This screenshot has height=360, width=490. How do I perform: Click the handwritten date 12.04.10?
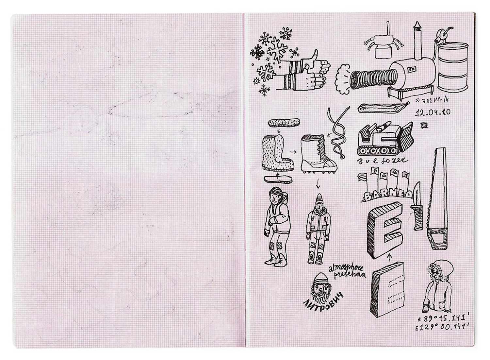coord(433,112)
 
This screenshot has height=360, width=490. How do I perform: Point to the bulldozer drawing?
coord(385,139)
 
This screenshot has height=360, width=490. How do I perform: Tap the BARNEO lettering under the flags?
coord(387,195)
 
